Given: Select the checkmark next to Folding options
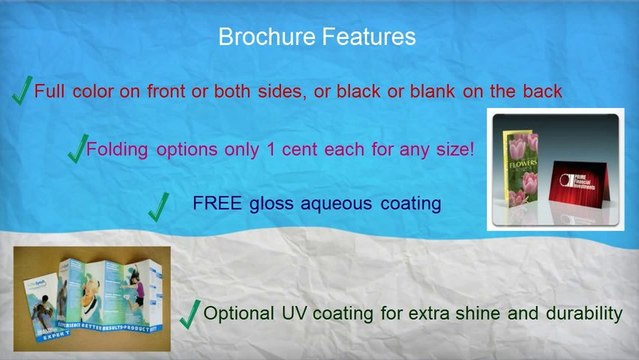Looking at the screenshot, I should [76, 150].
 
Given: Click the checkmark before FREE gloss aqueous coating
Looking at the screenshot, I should [157, 207].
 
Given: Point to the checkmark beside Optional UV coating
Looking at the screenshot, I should [189, 314].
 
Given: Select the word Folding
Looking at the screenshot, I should [120, 150].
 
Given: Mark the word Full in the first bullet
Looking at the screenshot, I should [51, 91].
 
